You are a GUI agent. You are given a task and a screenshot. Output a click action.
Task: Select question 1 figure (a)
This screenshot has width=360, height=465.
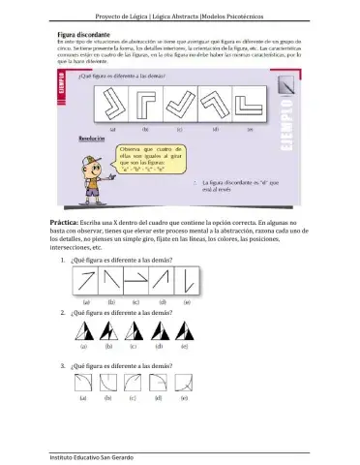point(86,283)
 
